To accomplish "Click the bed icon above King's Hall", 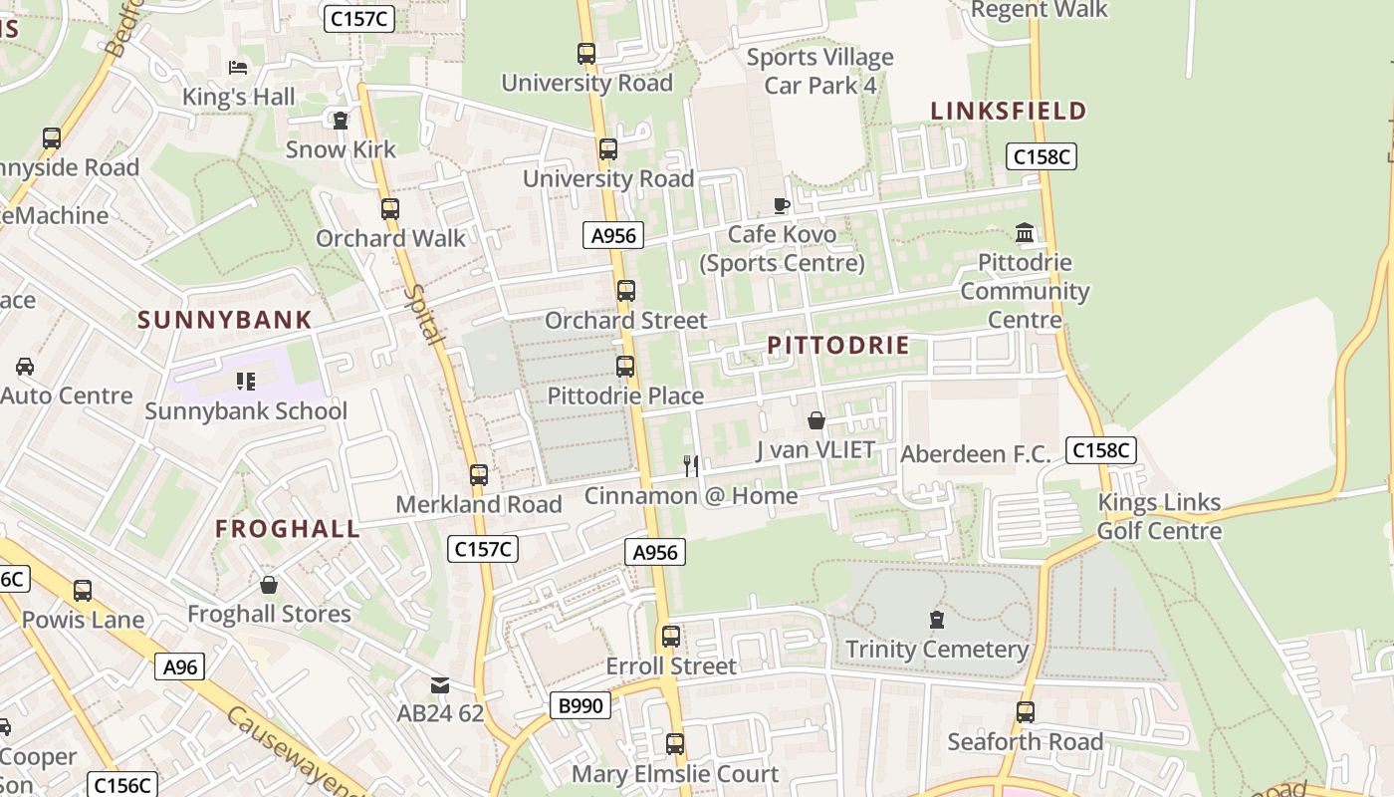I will [x=238, y=68].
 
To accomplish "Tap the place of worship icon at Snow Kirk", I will [x=341, y=121].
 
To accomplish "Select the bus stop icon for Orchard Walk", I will [x=390, y=209].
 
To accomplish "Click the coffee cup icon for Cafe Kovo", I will [x=782, y=205].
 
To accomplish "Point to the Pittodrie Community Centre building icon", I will [x=1025, y=233].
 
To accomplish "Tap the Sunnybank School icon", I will [x=246, y=381].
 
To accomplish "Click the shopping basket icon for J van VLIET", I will [x=816, y=420].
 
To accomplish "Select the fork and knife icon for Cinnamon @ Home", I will [x=691, y=465].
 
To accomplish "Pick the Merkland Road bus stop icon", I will [x=479, y=475].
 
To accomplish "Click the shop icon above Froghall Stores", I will [x=268, y=585].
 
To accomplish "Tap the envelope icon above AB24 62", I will [x=439, y=684].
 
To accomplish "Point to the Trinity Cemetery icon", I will [x=936, y=620].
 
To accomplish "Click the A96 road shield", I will [x=180, y=666].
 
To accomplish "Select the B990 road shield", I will [x=580, y=706].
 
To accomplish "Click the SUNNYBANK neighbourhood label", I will [x=225, y=320].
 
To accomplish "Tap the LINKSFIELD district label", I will [x=1008, y=111].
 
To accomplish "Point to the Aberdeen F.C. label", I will [x=975, y=454].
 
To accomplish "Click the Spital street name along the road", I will [x=425, y=314].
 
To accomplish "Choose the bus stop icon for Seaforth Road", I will [x=1026, y=712].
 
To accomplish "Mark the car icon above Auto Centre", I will [x=25, y=367].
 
